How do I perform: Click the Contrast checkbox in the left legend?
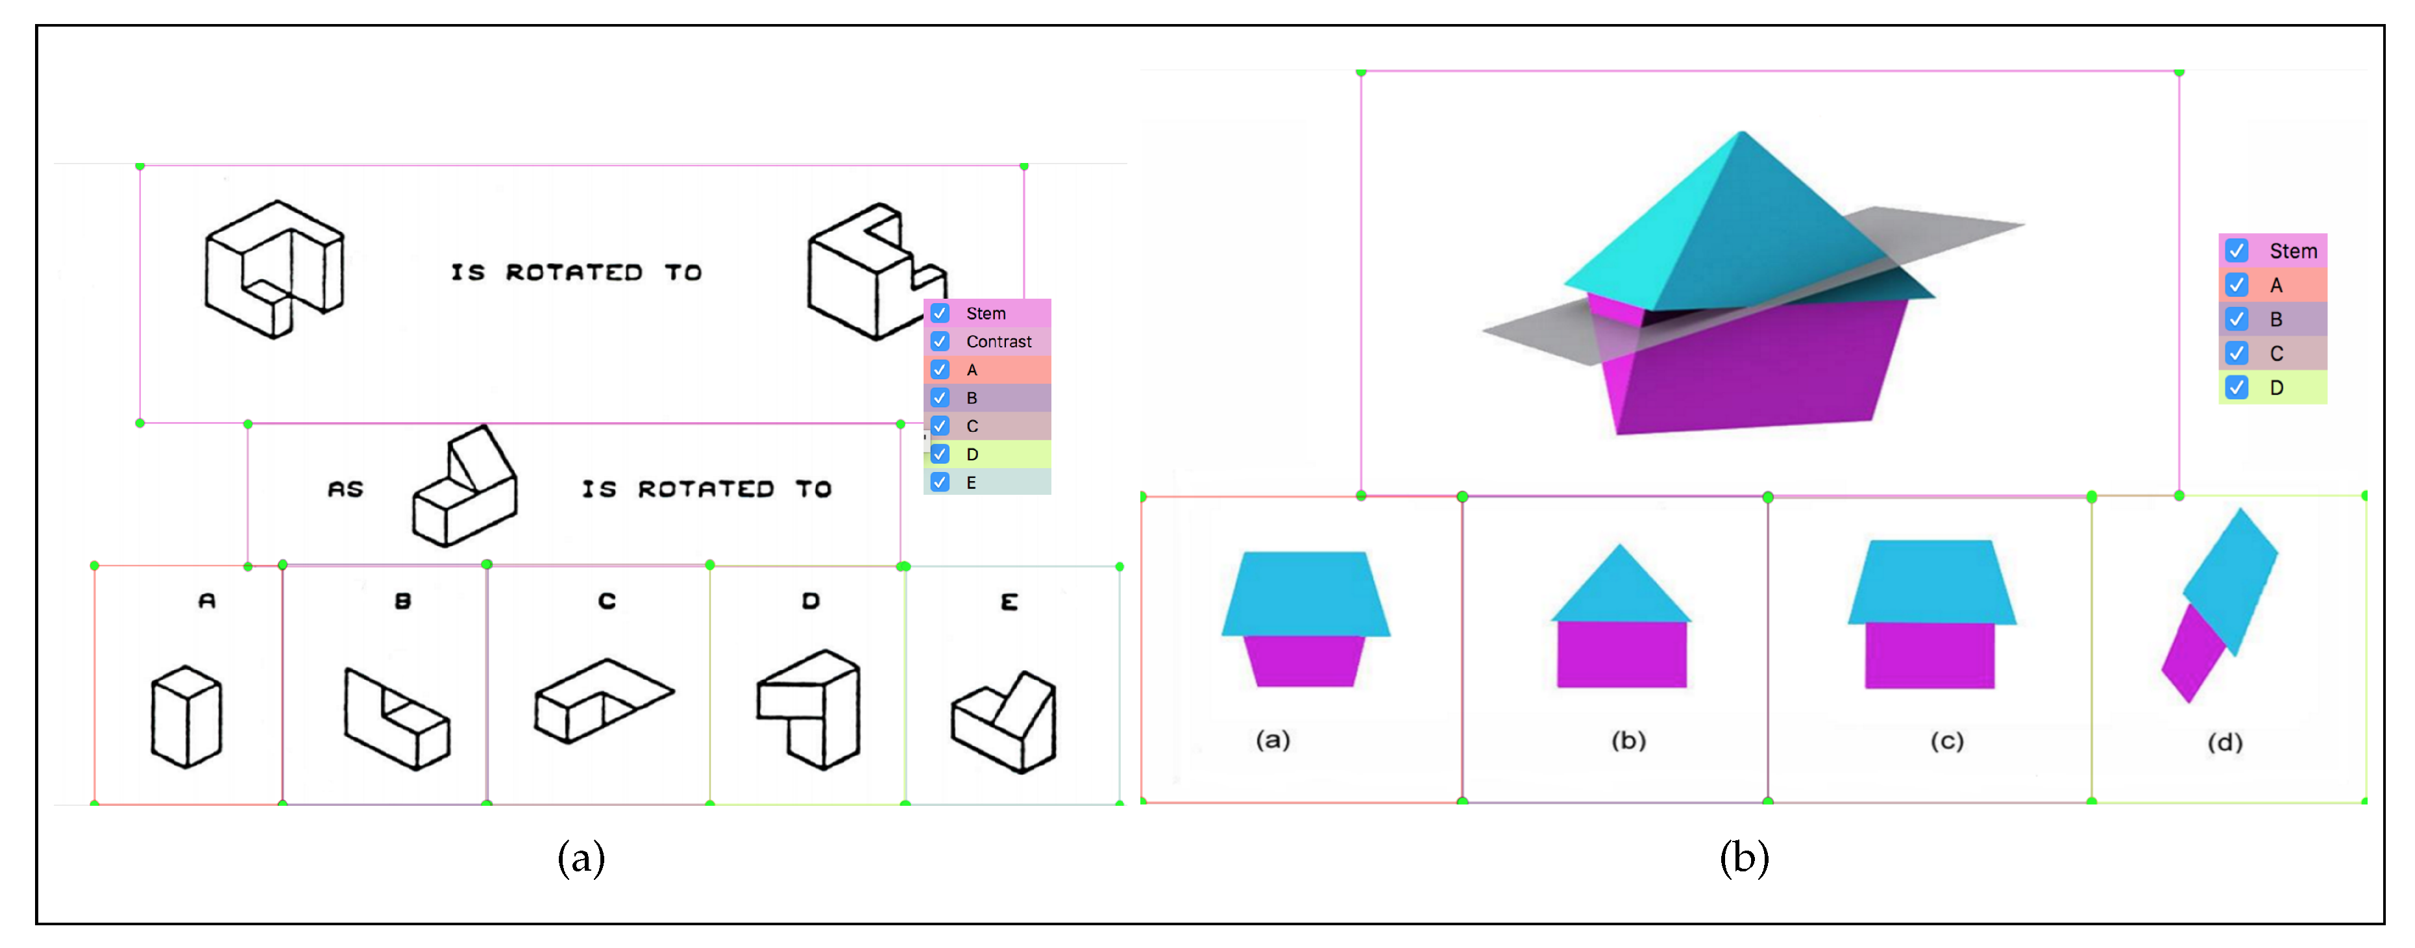pyautogui.click(x=939, y=342)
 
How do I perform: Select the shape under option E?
pyautogui.click(x=1005, y=722)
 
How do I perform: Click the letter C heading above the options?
pyautogui.click(x=607, y=601)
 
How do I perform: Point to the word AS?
pyautogui.click(x=345, y=490)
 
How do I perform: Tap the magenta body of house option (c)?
pyautogui.click(x=1930, y=655)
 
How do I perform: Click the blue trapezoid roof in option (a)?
pyautogui.click(x=1305, y=593)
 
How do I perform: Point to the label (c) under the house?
pyautogui.click(x=1946, y=742)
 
